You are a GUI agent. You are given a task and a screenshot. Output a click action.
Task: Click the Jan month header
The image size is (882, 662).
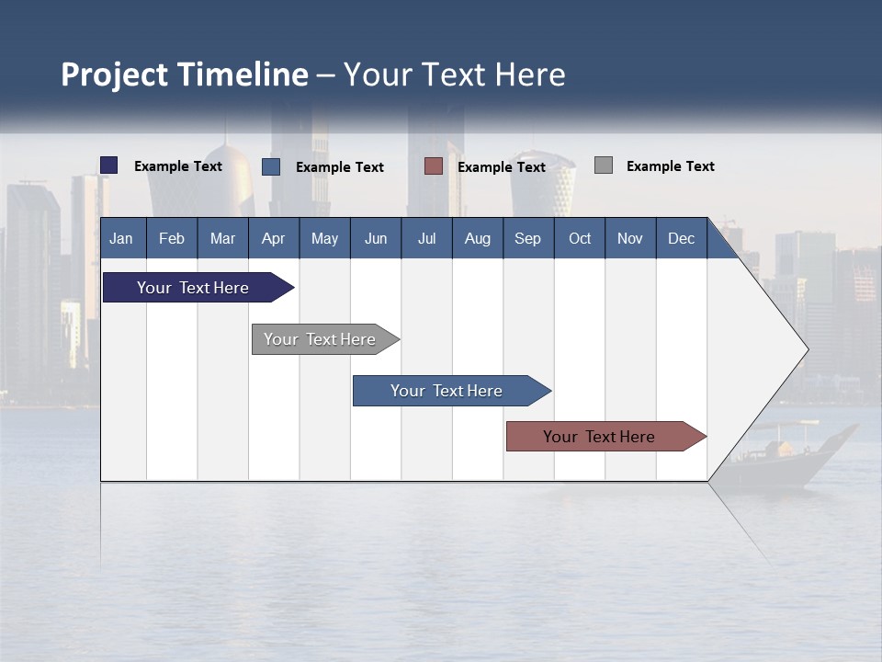click(x=121, y=238)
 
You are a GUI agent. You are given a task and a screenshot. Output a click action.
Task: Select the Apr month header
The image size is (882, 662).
click(x=273, y=238)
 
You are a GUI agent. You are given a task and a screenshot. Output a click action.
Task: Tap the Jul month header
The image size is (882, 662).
click(x=426, y=238)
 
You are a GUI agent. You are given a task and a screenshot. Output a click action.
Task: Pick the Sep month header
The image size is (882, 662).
click(x=527, y=238)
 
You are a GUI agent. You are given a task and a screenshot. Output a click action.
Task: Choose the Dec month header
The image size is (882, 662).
click(x=681, y=238)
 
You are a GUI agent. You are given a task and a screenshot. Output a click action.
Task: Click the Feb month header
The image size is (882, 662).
click(x=172, y=238)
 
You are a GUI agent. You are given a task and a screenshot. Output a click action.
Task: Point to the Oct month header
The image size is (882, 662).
click(x=580, y=238)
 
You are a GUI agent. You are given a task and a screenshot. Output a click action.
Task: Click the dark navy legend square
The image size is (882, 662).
click(x=109, y=165)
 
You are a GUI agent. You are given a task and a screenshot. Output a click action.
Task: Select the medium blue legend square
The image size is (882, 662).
click(x=271, y=166)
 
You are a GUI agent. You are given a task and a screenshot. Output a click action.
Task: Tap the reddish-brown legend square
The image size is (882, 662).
click(x=434, y=166)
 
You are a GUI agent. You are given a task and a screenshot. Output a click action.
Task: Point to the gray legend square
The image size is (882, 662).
click(x=604, y=165)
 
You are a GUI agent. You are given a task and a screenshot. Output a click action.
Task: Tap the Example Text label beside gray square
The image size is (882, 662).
click(x=670, y=166)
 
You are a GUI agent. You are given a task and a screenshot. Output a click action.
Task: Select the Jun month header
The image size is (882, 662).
click(x=376, y=238)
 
